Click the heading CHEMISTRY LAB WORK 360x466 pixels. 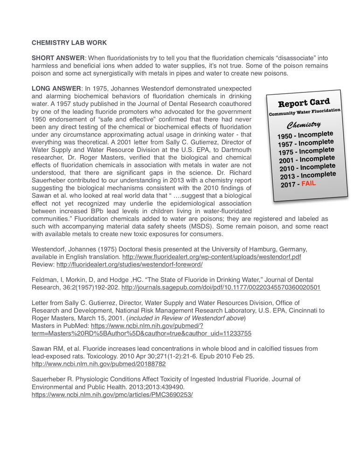coord(69,43)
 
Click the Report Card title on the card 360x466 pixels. coord(304,103)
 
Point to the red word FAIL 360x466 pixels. coord(308,183)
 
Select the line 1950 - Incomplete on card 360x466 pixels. coord(305,135)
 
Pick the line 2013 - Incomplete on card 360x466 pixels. coord(308,175)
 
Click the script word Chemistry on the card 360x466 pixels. coord(303,125)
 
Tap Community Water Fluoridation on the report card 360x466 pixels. coord(305,112)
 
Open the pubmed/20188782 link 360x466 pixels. coord(98,363)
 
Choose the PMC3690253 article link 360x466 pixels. coord(112,394)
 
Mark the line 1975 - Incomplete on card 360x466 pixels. coord(306,151)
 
